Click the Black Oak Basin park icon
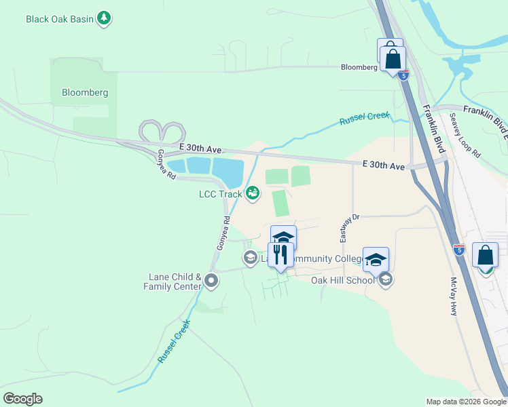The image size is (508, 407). (x=104, y=18)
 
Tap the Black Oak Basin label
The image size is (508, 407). (x=60, y=19)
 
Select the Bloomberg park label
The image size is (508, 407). (x=85, y=92)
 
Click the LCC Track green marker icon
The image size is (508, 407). (x=253, y=194)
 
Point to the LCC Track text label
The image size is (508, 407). (x=220, y=195)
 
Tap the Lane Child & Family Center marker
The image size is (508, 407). (x=211, y=280)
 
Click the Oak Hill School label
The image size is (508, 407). (x=342, y=280)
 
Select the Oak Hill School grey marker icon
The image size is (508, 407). (x=386, y=279)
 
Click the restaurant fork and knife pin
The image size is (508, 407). (x=280, y=255)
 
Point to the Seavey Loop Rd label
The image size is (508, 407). (x=465, y=135)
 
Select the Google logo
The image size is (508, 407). (x=22, y=398)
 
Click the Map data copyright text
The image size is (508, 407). (x=466, y=402)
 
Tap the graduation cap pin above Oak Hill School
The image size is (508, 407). (x=376, y=260)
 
